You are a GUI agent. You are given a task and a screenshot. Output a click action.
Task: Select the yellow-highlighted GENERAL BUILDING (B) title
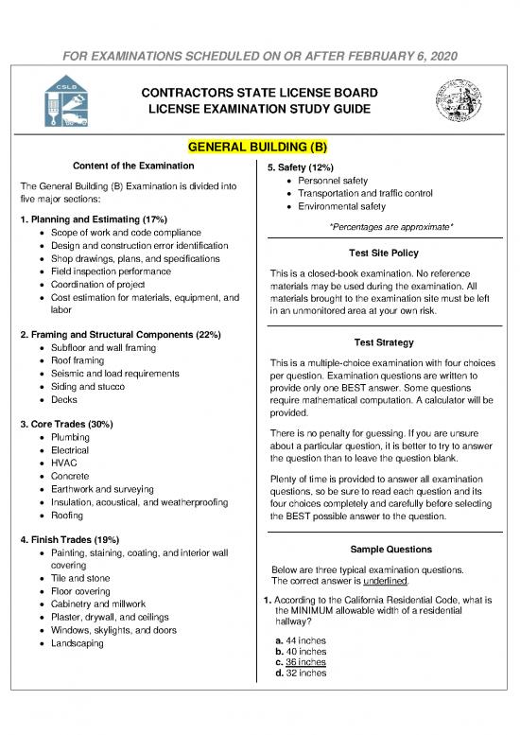pyautogui.click(x=259, y=148)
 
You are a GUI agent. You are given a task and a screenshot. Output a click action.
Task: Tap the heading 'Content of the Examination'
pyautogui.click(x=132, y=167)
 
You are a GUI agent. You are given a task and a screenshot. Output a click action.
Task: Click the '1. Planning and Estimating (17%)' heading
pyautogui.click(x=80, y=219)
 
